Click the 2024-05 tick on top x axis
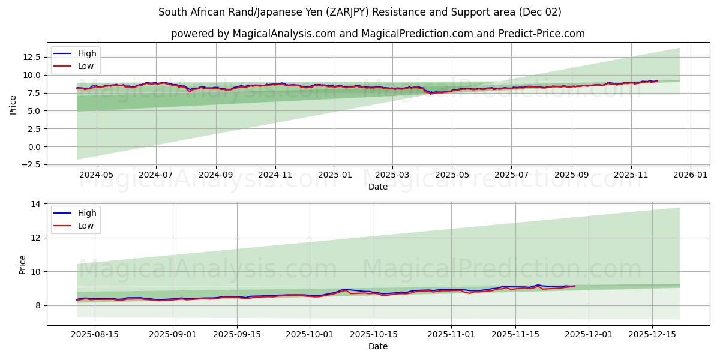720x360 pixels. coord(97,175)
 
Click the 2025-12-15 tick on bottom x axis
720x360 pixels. coord(651,335)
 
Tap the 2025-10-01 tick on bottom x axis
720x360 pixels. coord(310,335)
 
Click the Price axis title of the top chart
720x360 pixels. coord(13,104)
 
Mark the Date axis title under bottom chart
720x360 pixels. coord(378,346)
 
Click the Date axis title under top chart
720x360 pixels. coord(378,187)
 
